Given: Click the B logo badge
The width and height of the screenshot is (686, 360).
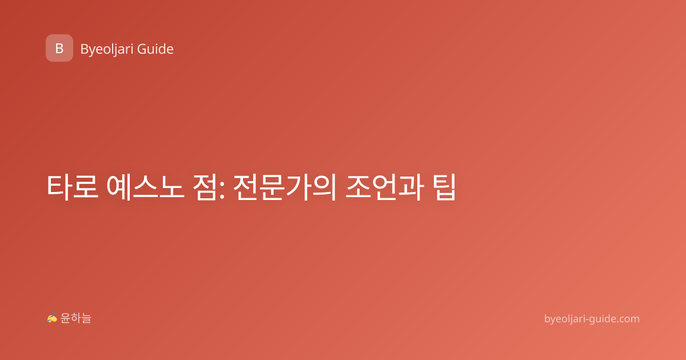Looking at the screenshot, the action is (x=59, y=48).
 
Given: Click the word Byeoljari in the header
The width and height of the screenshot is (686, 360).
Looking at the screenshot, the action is (x=107, y=49).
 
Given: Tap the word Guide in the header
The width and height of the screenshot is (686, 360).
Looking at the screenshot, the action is (x=155, y=49).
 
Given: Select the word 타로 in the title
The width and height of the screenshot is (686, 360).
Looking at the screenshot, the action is (x=72, y=187).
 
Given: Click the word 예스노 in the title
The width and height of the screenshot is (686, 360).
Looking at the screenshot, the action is (x=145, y=187).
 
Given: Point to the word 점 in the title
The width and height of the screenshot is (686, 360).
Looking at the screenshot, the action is (x=205, y=187).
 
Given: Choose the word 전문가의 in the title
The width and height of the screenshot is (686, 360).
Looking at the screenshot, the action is (x=285, y=187).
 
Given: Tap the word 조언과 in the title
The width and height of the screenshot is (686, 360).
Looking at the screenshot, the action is (x=385, y=187).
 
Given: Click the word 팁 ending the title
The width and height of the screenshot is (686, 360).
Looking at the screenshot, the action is (x=444, y=187).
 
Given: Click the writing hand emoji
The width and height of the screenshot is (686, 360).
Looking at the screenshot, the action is (x=52, y=318).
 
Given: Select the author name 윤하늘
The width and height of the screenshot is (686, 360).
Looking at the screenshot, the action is (x=75, y=318).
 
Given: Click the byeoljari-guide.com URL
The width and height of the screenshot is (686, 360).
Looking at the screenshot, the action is (x=592, y=319).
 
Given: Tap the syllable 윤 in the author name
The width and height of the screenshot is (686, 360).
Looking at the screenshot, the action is (x=65, y=318).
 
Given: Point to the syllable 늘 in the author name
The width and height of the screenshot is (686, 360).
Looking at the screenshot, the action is (x=86, y=318).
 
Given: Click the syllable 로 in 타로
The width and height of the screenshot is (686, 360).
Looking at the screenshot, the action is (x=86, y=187).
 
